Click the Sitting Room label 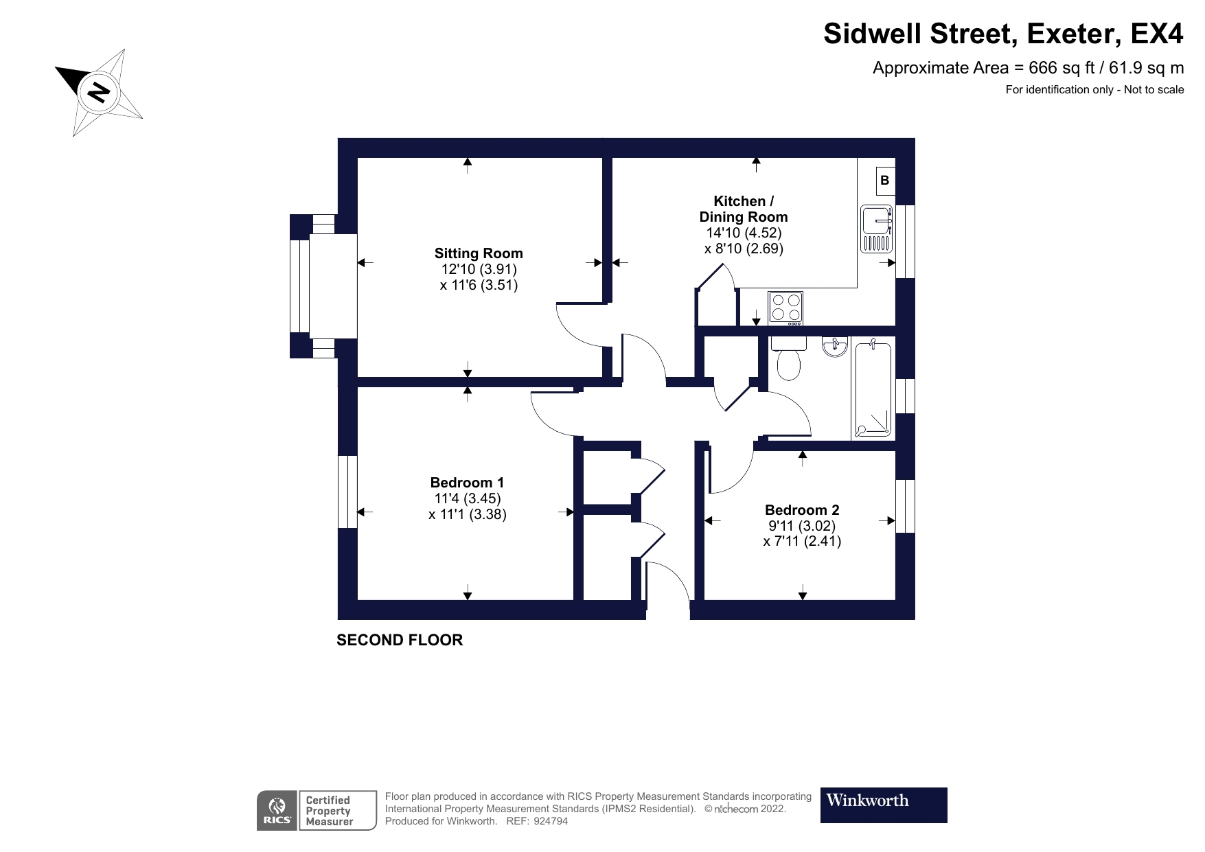(479, 253)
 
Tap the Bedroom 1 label (467, 483)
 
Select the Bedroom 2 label (802, 510)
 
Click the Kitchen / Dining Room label (744, 209)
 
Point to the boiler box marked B (885, 181)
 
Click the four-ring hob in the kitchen (785, 307)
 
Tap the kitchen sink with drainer (877, 229)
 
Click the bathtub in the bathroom (873, 389)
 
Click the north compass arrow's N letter (100, 91)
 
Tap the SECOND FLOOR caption (400, 640)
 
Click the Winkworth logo (883, 805)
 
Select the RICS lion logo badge (277, 811)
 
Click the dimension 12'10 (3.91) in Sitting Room (479, 270)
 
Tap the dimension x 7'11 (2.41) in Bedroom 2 (802, 541)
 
